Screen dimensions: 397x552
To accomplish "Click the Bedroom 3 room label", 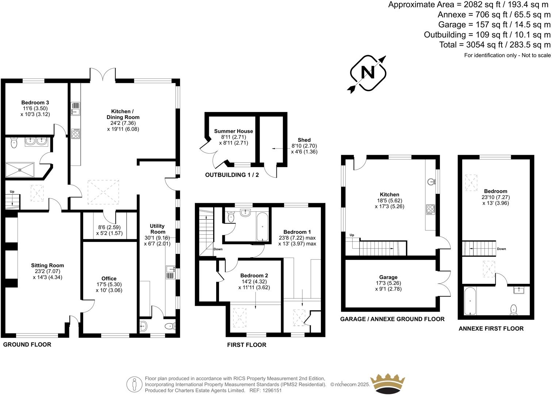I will [x=35, y=103].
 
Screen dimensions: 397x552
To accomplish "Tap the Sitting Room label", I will [x=47, y=266].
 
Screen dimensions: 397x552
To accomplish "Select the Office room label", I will [x=109, y=279].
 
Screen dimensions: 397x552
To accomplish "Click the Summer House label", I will [x=233, y=131].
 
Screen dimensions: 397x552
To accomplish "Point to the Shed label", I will [x=304, y=140].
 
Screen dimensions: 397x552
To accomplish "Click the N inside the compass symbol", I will [x=368, y=73].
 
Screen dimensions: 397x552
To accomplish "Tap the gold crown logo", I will [x=388, y=382].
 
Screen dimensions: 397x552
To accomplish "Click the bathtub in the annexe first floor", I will [x=470, y=301].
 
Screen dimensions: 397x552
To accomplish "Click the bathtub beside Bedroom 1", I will [x=262, y=227].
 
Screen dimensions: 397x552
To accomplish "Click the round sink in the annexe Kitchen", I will [x=432, y=181].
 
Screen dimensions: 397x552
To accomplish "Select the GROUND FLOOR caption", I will [x=27, y=344].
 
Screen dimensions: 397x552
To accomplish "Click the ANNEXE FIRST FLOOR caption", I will [x=491, y=328].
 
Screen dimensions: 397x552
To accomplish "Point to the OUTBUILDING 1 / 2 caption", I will [x=232, y=175].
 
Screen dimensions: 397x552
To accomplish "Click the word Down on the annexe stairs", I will [x=501, y=249].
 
